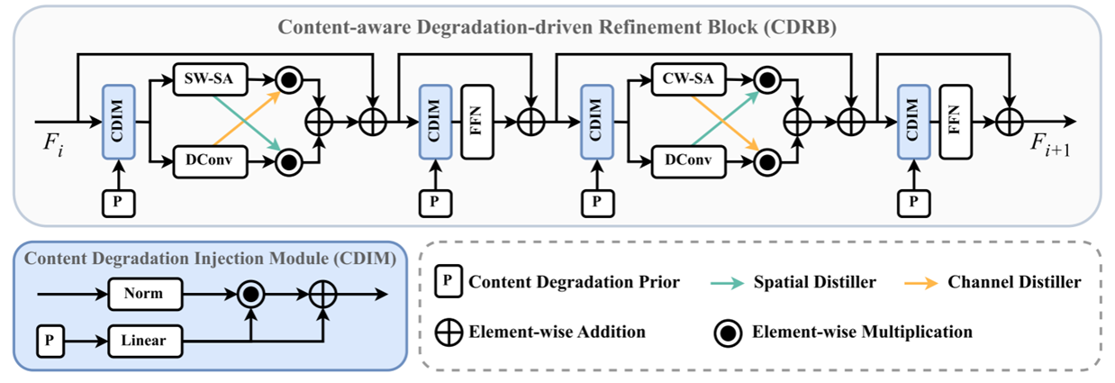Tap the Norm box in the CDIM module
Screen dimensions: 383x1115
[x=145, y=294]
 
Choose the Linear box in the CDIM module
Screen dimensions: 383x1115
[x=145, y=342]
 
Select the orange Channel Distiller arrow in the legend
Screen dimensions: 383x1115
[x=927, y=282]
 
